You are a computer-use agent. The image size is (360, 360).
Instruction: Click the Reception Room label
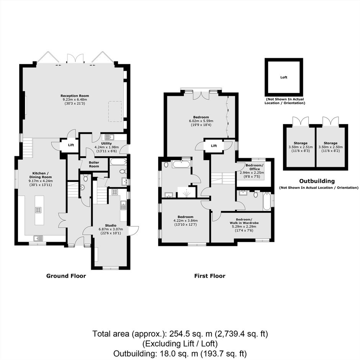tap(75, 96)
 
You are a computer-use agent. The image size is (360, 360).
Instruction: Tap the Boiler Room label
tap(94, 164)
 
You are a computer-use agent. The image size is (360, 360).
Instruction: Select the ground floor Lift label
tap(71, 145)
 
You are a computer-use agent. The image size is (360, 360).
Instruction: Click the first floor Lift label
tap(214, 146)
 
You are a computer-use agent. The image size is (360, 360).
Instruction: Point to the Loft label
tap(284, 77)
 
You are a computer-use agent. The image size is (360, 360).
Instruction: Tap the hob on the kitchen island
tap(38, 209)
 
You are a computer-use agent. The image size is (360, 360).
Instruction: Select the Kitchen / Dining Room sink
tap(38, 238)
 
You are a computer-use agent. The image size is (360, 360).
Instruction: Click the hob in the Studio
tap(115, 192)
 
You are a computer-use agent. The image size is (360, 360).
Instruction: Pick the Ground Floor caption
tap(66, 276)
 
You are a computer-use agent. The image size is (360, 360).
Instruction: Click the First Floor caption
tap(210, 276)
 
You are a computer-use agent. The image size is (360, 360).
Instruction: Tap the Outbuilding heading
tap(317, 181)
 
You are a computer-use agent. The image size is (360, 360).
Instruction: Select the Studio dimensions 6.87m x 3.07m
tap(111, 229)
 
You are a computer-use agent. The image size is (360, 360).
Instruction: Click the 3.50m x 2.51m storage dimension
tap(301, 147)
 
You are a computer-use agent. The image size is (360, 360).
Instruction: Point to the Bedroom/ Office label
tap(254, 167)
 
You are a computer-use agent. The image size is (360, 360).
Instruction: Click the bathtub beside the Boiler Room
tap(118, 162)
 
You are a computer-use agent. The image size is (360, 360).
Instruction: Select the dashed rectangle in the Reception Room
tap(115, 111)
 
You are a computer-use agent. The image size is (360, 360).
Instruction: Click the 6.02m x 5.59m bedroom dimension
tap(201, 121)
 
